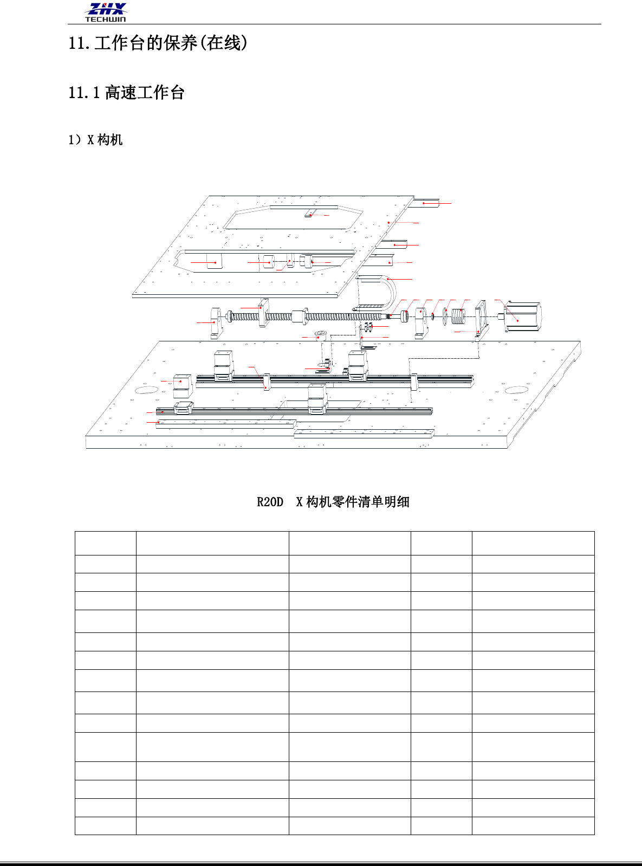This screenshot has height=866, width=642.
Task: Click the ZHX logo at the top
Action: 106,9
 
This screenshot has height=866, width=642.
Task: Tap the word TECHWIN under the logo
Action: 105,19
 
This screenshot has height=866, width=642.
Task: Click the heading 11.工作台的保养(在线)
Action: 158,43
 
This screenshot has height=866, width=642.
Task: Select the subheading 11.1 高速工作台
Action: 126,93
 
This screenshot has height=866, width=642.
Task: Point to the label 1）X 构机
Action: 95,140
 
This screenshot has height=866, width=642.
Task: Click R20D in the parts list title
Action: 270,502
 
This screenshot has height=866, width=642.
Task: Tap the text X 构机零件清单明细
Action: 352,502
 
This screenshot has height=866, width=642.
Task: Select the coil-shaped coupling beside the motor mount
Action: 458,316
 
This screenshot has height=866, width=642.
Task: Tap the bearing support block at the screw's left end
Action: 216,323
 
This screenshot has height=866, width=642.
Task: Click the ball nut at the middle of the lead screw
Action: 300,316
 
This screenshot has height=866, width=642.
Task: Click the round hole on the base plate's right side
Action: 516,390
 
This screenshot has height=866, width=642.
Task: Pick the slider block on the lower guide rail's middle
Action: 317,399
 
